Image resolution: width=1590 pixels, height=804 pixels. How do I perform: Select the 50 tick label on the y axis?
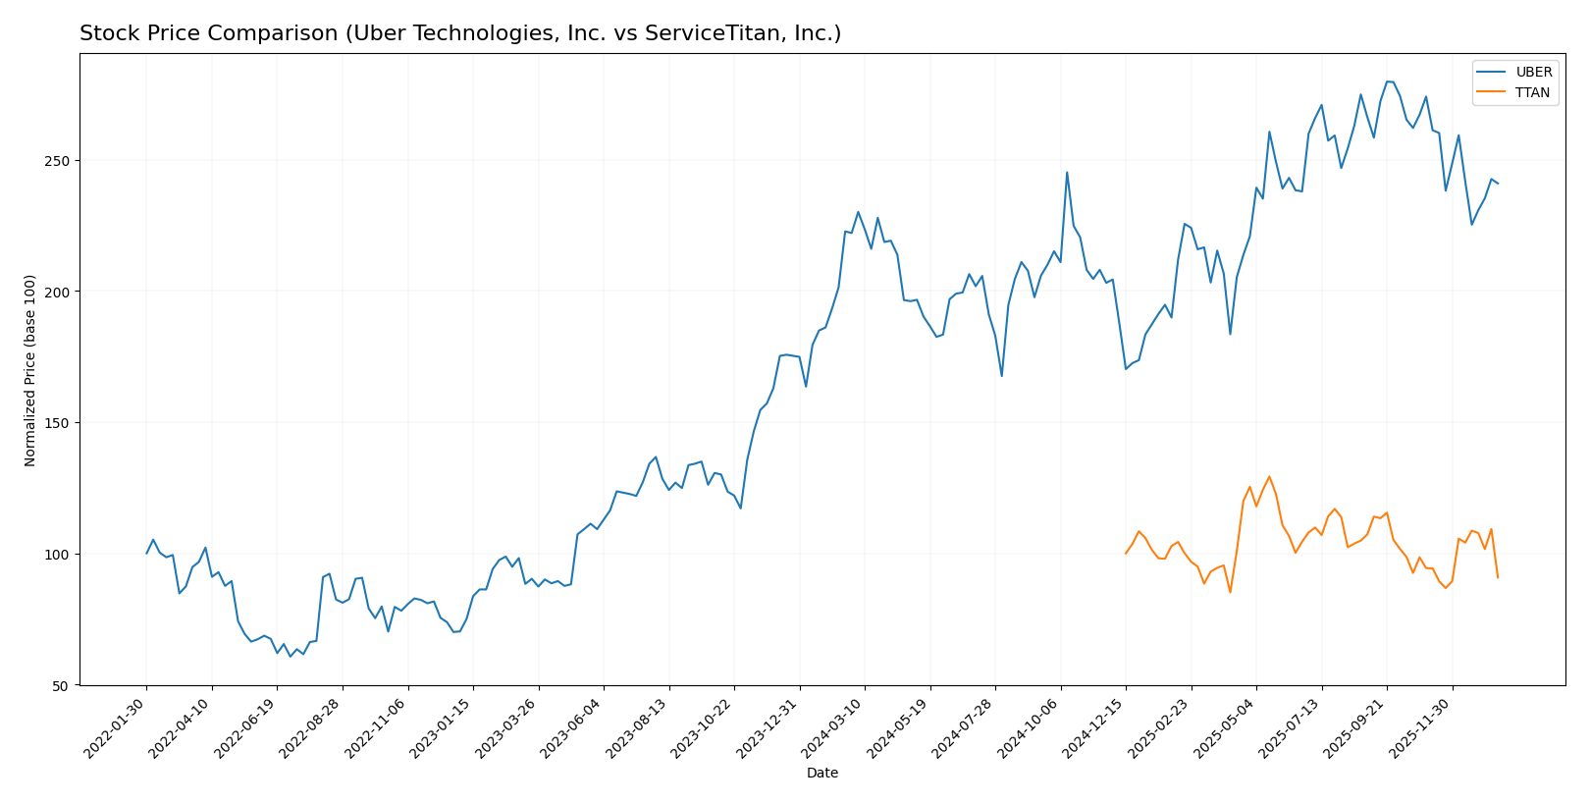tap(62, 685)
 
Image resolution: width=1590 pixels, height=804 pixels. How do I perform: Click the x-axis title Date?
tap(821, 774)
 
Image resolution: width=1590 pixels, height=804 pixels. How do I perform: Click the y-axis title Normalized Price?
tap(30, 370)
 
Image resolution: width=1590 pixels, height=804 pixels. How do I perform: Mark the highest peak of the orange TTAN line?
tap(1269, 477)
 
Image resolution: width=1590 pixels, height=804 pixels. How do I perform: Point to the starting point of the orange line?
tap(1126, 554)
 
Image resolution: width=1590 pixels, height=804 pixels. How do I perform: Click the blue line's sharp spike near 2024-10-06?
tap(1067, 173)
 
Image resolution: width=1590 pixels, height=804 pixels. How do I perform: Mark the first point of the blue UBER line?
tap(147, 554)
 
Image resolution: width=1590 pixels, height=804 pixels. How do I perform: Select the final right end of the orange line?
tap(1498, 577)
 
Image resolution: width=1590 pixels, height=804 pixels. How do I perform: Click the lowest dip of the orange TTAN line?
tap(1230, 592)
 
